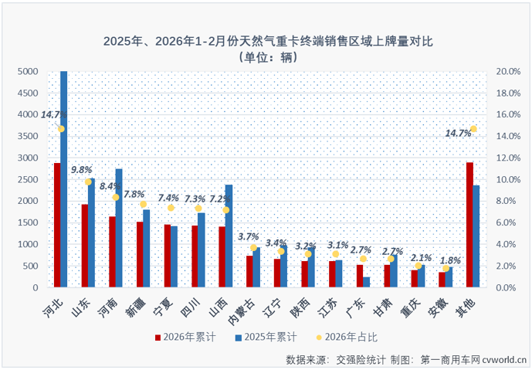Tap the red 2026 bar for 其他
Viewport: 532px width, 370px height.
(x=469, y=225)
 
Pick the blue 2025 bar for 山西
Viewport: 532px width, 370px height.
(x=229, y=236)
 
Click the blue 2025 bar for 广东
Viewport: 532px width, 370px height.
(x=366, y=282)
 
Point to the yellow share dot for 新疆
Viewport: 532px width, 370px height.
(x=143, y=204)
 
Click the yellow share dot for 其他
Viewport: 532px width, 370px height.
(x=473, y=129)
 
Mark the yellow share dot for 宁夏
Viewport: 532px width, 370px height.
(x=171, y=208)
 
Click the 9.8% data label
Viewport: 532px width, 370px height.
(x=83, y=169)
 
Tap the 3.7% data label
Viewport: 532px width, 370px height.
(x=248, y=236)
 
